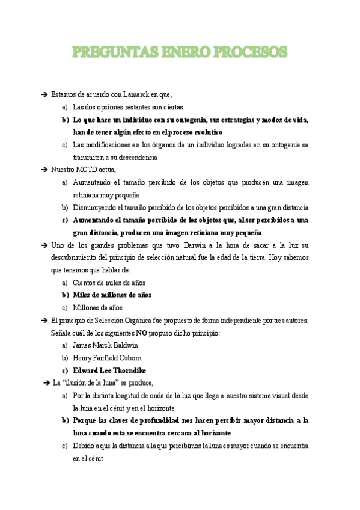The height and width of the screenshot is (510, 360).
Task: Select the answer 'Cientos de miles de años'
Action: pyautogui.click(x=109, y=283)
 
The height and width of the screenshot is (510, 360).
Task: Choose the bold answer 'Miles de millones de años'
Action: pyautogui.click(x=112, y=295)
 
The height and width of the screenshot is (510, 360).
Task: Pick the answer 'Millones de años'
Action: pyautogui.click(x=97, y=308)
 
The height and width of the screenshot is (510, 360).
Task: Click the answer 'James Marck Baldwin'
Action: pyautogui.click(x=105, y=345)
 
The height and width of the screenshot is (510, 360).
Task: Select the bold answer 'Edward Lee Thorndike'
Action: pyautogui.click(x=109, y=370)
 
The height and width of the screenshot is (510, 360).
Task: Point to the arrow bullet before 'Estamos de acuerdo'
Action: pyautogui.click(x=44, y=94)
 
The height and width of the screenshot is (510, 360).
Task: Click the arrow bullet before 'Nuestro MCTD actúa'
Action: pyautogui.click(x=44, y=170)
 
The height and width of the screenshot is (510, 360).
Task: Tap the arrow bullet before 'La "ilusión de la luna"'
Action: pyautogui.click(x=46, y=382)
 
